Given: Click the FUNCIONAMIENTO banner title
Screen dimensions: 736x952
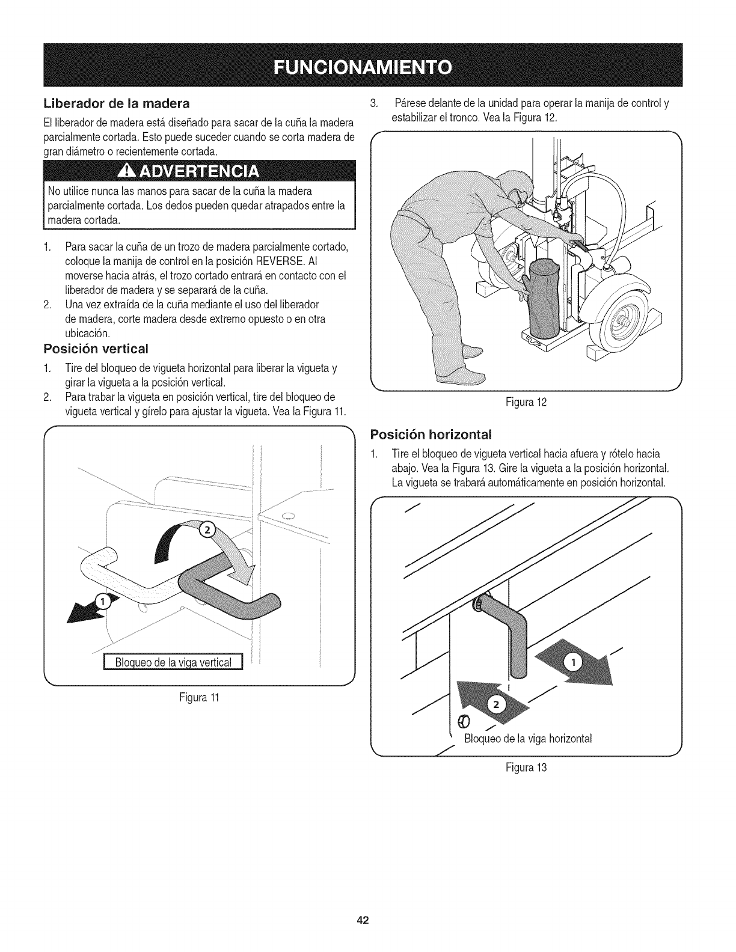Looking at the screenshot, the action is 368,66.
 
